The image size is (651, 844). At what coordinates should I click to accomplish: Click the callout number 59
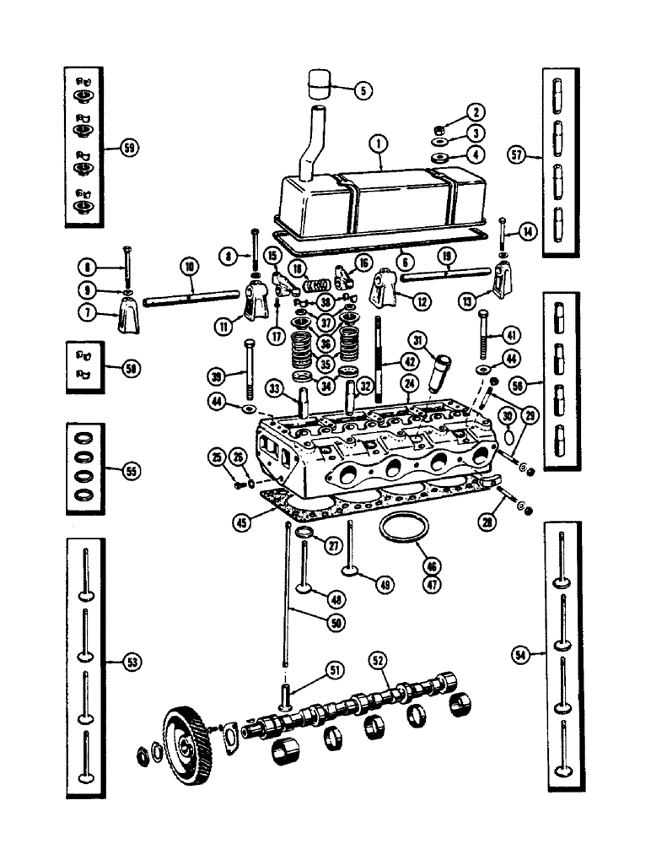tap(130, 147)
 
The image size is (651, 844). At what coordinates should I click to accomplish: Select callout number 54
tap(519, 655)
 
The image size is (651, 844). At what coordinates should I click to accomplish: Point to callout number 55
tap(129, 470)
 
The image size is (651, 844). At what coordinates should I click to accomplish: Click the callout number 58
tap(130, 368)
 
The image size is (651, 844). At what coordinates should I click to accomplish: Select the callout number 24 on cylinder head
tap(410, 382)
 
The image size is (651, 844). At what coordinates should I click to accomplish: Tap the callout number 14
tap(529, 230)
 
